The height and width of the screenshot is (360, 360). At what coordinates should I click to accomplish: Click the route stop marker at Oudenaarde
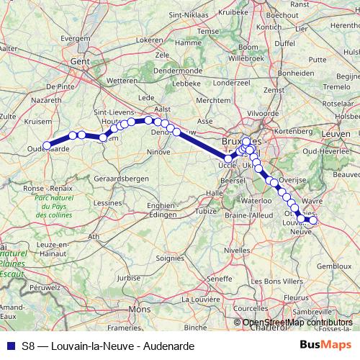point(47,145)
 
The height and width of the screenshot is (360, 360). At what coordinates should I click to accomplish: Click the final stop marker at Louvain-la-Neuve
point(312,220)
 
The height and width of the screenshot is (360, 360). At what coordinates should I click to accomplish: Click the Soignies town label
point(171,256)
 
